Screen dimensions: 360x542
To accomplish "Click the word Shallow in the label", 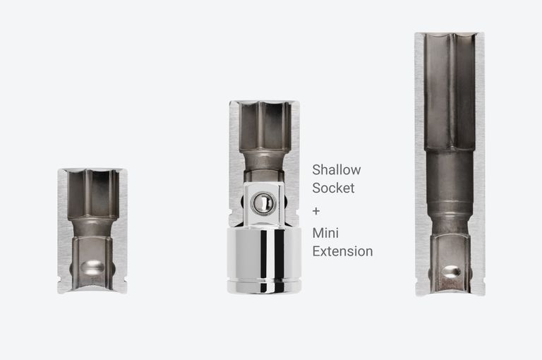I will point(337,170).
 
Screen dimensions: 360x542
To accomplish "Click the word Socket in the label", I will point(334,188).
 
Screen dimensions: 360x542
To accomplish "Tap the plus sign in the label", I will point(317,211).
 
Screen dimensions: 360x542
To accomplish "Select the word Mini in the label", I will point(326,232).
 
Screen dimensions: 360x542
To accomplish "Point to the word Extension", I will point(342,251).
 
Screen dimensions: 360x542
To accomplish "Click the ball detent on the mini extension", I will point(262,203).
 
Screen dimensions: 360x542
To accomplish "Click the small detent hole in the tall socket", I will point(450,270).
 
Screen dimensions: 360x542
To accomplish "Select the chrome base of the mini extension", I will point(263,258).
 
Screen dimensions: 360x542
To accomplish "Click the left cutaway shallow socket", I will point(92,230).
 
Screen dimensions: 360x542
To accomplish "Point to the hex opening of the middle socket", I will point(264,126).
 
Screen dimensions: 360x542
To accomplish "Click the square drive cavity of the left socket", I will point(92,261).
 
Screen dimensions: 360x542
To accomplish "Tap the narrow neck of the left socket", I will point(92,227).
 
